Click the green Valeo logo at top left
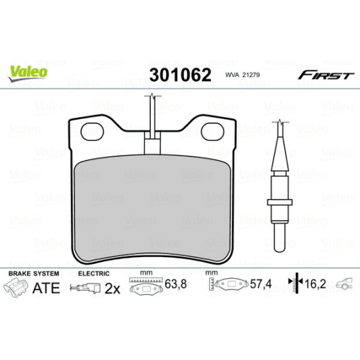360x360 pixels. [x=27, y=70]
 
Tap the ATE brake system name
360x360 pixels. [x=46, y=288]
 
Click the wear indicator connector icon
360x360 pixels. [x=86, y=289]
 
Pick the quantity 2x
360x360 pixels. [x=112, y=289]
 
